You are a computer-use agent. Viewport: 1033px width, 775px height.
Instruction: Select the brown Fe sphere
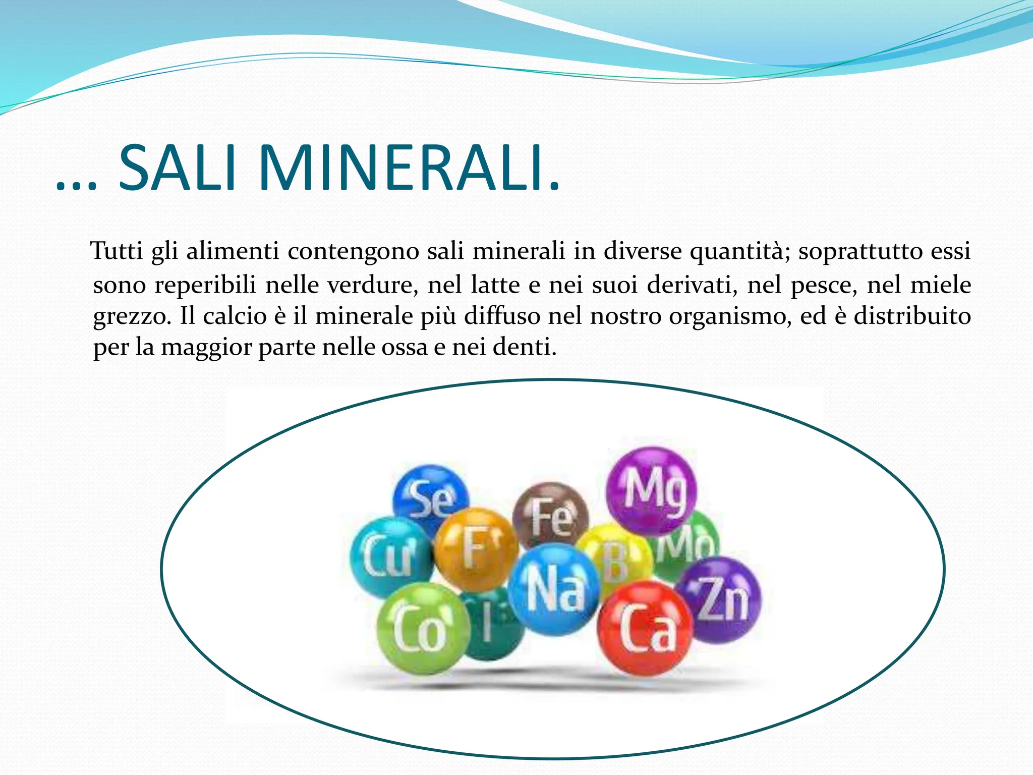(x=551, y=516)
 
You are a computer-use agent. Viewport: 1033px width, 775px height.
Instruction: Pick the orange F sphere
(x=476, y=549)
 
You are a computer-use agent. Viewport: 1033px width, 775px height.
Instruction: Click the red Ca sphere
(x=645, y=629)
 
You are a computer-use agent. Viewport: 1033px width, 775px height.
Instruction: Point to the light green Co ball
(x=421, y=629)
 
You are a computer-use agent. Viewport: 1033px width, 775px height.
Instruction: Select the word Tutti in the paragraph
(x=117, y=251)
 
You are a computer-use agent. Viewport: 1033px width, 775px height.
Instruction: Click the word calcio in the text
(x=235, y=316)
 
